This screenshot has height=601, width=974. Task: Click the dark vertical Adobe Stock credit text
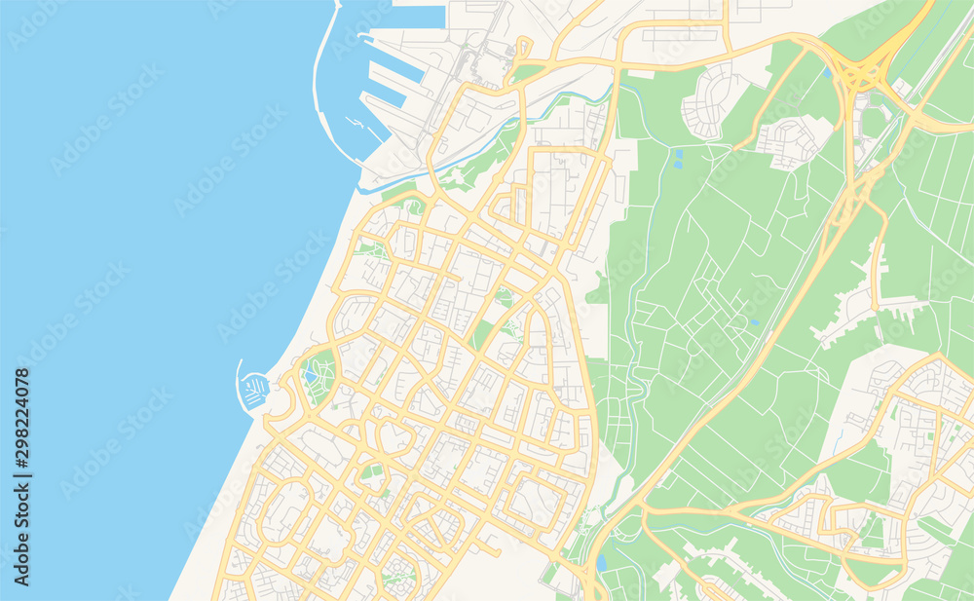coord(22,532)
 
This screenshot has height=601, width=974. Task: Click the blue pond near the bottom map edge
coord(600,562)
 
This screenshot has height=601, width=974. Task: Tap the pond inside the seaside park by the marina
coord(311,374)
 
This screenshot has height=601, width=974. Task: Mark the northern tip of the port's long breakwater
coord(337,5)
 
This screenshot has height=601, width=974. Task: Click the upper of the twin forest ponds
coord(678,153)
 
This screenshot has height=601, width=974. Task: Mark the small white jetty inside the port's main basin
coord(356,125)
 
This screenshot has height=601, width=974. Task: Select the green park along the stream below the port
coord(477,166)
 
